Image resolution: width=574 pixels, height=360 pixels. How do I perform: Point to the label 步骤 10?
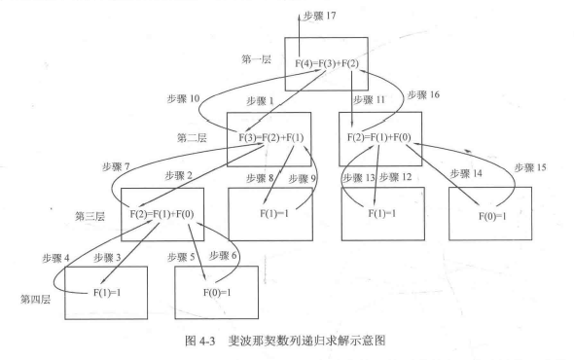[x=181, y=98]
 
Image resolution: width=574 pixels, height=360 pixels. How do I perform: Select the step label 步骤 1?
[x=259, y=100]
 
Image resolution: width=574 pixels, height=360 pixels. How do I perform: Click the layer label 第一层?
[x=257, y=59]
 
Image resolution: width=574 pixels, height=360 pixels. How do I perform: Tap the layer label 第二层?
[x=193, y=138]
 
